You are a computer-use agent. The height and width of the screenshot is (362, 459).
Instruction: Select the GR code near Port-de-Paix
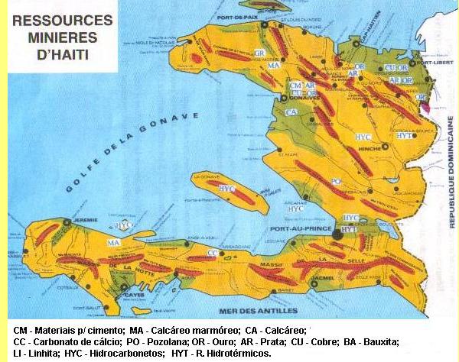pos(259,53)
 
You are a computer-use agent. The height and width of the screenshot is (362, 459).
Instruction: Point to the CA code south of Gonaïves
pos(291,112)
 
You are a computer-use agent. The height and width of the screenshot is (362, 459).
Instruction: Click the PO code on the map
pos(336,181)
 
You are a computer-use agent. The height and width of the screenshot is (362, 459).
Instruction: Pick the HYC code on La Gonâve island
pos(226,188)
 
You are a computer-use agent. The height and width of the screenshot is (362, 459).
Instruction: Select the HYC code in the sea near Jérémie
pos(123,226)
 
